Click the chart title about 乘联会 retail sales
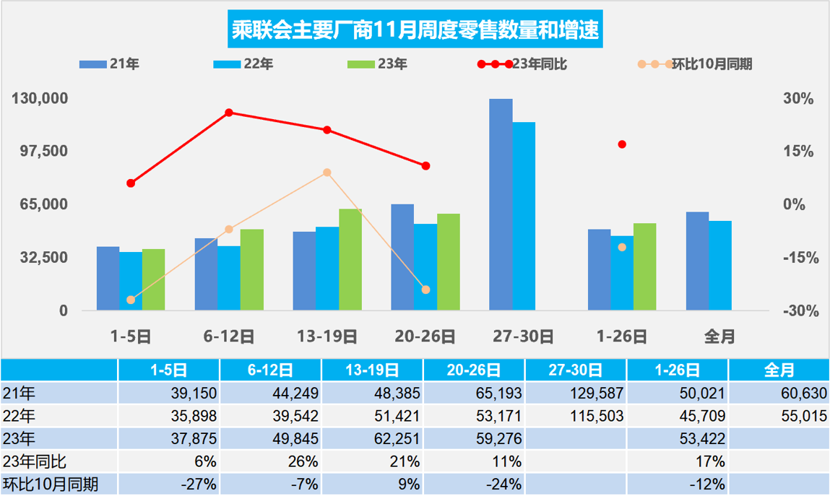[415, 30]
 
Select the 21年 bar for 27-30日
[501, 204]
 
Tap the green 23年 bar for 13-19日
[350, 260]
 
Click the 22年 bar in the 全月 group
[720, 266]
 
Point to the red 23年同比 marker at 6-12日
[228, 113]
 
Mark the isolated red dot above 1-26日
[622, 144]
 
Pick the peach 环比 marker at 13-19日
[327, 173]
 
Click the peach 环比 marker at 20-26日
[425, 290]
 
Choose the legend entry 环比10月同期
[712, 64]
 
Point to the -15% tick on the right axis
[799, 258]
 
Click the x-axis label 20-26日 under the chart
[425, 336]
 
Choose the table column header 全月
[778, 370]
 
